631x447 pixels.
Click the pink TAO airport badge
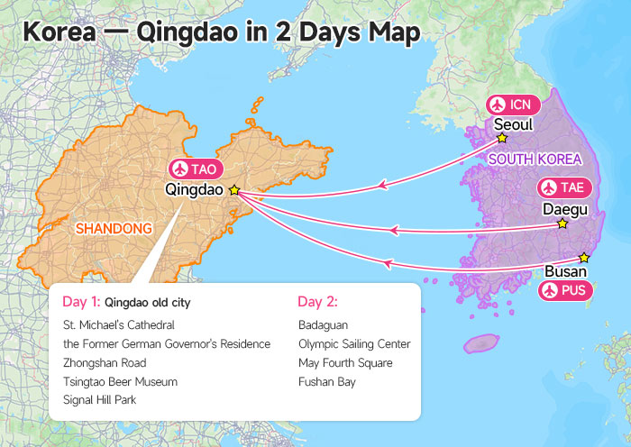click(x=196, y=169)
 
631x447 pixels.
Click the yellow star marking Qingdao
click(x=234, y=190)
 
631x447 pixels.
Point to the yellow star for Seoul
click(x=502, y=139)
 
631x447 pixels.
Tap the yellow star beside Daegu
click(x=562, y=223)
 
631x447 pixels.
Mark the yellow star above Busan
click(x=584, y=257)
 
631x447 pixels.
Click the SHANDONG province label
click(x=114, y=229)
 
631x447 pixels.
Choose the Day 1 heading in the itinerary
click(x=82, y=302)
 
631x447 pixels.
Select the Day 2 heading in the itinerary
click(x=317, y=302)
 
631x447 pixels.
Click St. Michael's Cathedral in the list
click(x=118, y=324)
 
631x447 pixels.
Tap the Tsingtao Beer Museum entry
click(x=120, y=381)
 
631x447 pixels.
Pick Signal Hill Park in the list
click(x=99, y=400)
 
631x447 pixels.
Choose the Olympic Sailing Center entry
click(x=354, y=343)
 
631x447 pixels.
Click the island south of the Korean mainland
click(x=481, y=343)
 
